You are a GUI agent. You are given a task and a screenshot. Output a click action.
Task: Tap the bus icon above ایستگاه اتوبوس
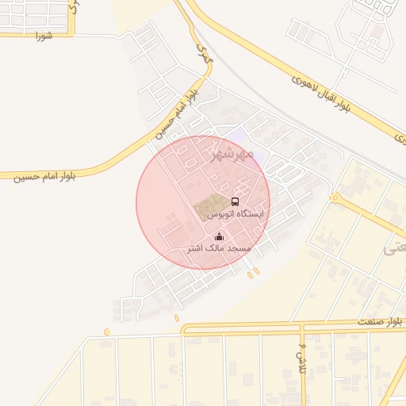click(235, 202)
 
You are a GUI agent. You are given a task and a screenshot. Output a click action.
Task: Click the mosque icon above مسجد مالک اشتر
click(220, 236)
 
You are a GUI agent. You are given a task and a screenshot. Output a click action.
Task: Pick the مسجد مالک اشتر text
click(218, 248)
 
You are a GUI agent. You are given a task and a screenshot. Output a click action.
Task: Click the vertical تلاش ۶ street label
click(302, 348)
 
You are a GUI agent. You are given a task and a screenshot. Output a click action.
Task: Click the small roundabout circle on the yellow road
click(335, 197)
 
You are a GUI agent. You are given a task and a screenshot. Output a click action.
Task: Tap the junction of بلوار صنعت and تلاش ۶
click(302, 326)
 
